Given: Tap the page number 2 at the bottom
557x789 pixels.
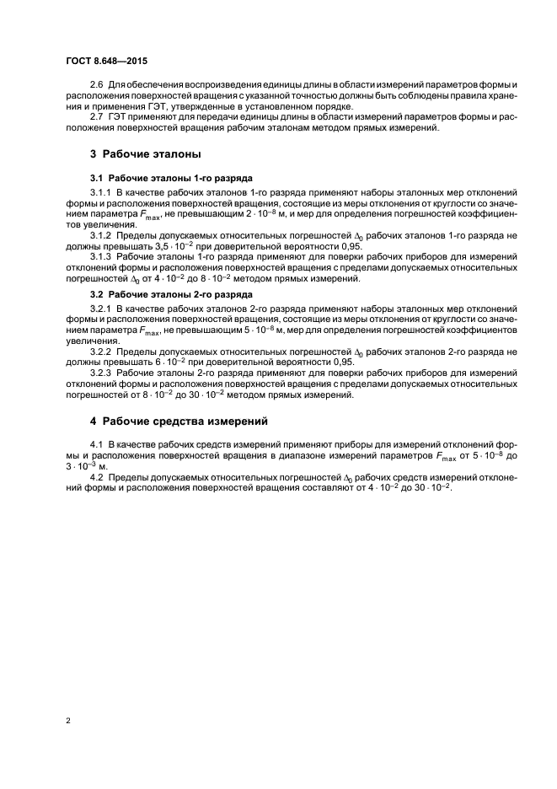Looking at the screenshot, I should tap(67, 721).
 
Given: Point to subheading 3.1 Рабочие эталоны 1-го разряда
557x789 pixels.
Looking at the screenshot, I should tap(171, 178).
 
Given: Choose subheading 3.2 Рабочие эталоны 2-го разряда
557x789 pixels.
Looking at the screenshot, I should tap(171, 295).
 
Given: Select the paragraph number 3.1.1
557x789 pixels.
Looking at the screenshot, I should tap(100, 193).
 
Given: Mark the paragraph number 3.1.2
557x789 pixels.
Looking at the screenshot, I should tap(100, 233).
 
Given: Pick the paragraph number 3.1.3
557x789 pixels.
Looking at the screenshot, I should tap(100, 255).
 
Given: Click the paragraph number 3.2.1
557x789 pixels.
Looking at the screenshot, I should tap(100, 311).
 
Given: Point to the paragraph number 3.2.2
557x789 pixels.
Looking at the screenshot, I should tap(100, 351).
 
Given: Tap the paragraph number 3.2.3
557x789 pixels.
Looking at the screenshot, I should tap(100, 373).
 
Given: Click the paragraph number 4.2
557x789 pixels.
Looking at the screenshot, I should tap(96, 476).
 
